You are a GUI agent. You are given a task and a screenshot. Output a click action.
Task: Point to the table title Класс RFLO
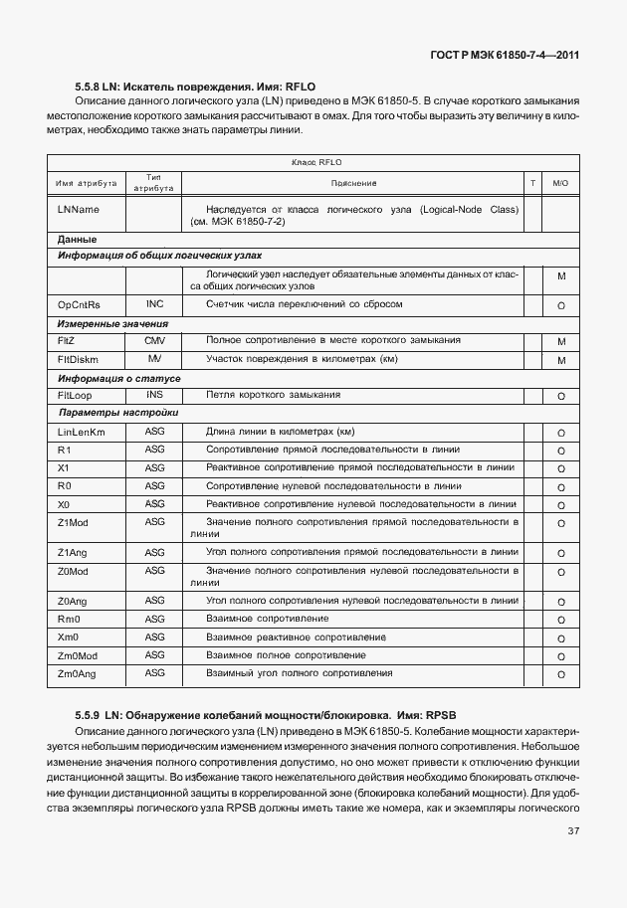316,162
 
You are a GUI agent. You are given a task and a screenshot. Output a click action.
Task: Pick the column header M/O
560,183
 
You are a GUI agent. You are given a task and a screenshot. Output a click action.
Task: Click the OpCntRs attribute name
79,304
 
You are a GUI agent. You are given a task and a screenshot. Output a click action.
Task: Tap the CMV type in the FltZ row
154,340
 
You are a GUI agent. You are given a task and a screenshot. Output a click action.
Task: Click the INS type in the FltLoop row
154,395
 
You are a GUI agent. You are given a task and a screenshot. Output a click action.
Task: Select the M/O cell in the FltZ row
560,342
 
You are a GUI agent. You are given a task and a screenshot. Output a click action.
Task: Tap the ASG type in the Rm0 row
154,619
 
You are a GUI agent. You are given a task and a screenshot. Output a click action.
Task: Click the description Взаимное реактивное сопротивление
296,636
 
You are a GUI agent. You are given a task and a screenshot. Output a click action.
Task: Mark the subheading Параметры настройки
118,413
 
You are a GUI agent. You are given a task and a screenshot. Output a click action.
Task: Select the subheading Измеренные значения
112,323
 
